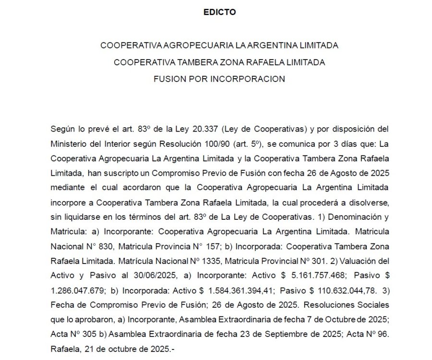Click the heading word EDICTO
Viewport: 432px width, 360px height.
tap(219, 12)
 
